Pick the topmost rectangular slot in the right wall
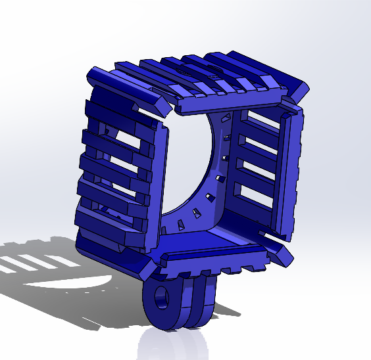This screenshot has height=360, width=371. point(260,121)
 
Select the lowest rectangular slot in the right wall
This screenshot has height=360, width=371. point(254,193)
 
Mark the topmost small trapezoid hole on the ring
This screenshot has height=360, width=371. point(226,118)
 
